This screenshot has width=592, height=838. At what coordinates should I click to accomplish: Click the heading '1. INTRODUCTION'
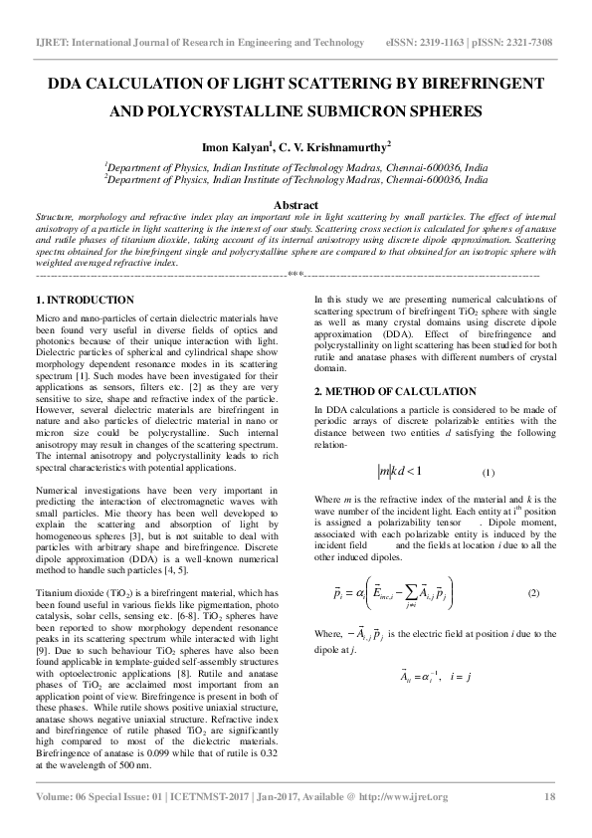pos(85,300)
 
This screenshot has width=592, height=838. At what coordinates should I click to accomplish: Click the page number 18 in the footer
pos(549,797)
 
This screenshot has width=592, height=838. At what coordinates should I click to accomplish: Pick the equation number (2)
pos(533,593)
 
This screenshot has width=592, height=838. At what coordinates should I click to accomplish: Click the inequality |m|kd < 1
pos(398,470)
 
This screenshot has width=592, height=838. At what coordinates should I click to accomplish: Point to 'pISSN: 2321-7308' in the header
pos(515,43)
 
